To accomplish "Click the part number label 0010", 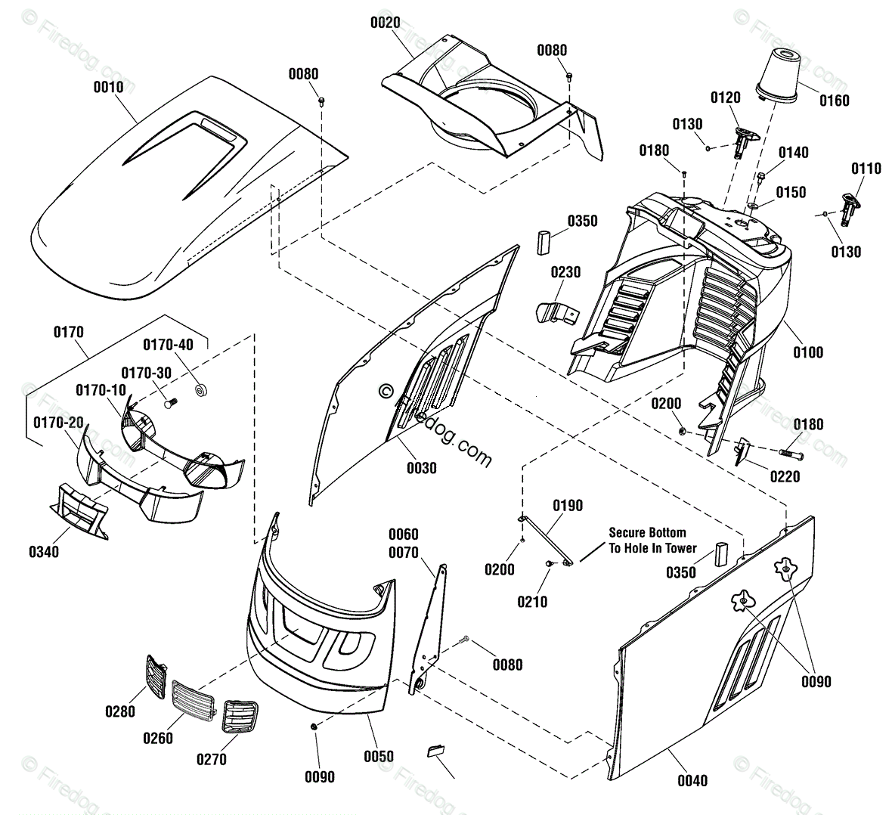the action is (108, 87).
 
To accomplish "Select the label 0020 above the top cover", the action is (385, 23).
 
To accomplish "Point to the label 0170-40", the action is (168, 344).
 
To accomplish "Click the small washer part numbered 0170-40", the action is (201, 390).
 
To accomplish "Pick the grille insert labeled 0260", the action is (194, 698).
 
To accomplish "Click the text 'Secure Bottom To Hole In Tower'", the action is (652, 540).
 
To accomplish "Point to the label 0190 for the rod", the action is (567, 505).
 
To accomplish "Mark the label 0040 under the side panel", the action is (692, 780).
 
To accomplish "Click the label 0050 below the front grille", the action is (379, 756).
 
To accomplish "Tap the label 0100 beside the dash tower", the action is (808, 352).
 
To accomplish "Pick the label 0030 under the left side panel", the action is (422, 468).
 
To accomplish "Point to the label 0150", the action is (791, 192).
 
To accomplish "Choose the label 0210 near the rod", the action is (532, 602).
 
